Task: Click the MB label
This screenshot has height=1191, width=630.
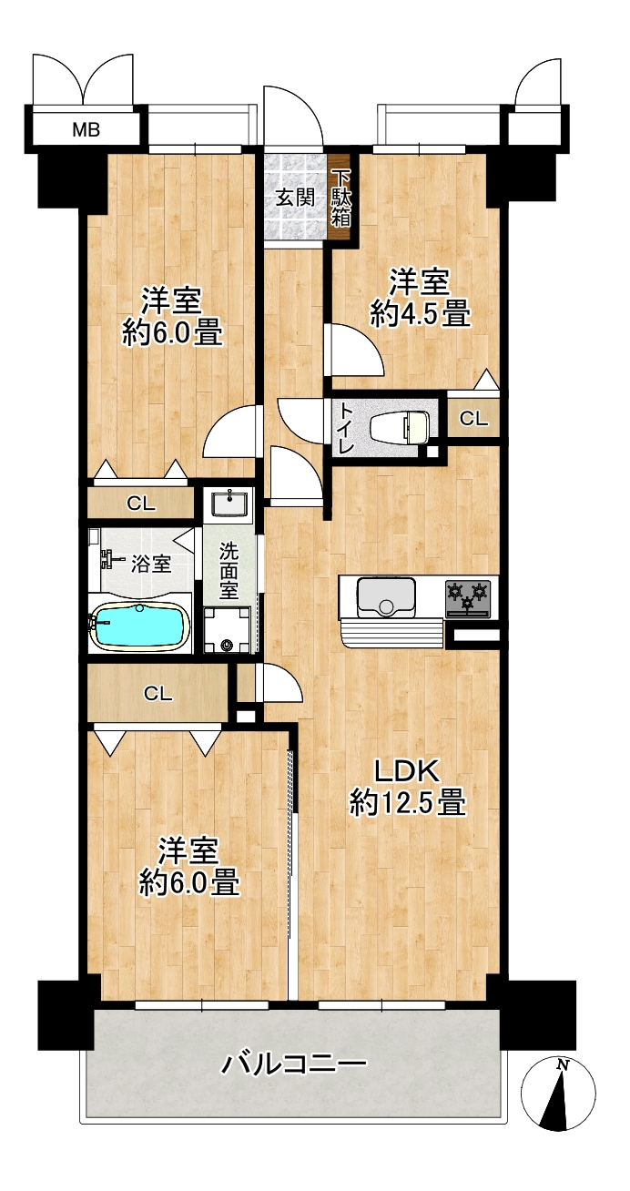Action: (86, 129)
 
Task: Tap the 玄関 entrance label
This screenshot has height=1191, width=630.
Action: (295, 198)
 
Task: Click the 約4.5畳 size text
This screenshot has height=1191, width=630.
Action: (420, 314)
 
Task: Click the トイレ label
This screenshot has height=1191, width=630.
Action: (347, 429)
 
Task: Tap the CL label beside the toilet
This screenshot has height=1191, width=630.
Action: (473, 419)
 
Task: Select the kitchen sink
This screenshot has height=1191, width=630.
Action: (386, 597)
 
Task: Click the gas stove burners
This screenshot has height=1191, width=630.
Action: (468, 597)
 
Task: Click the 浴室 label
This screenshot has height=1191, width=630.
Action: (151, 565)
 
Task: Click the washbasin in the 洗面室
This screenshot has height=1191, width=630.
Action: (229, 503)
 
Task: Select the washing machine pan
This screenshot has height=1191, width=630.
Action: (227, 630)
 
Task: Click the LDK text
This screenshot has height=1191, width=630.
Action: (407, 771)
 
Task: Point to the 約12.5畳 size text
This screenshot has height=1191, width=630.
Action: (408, 803)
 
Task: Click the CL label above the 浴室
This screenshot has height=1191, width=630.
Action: (141, 503)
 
